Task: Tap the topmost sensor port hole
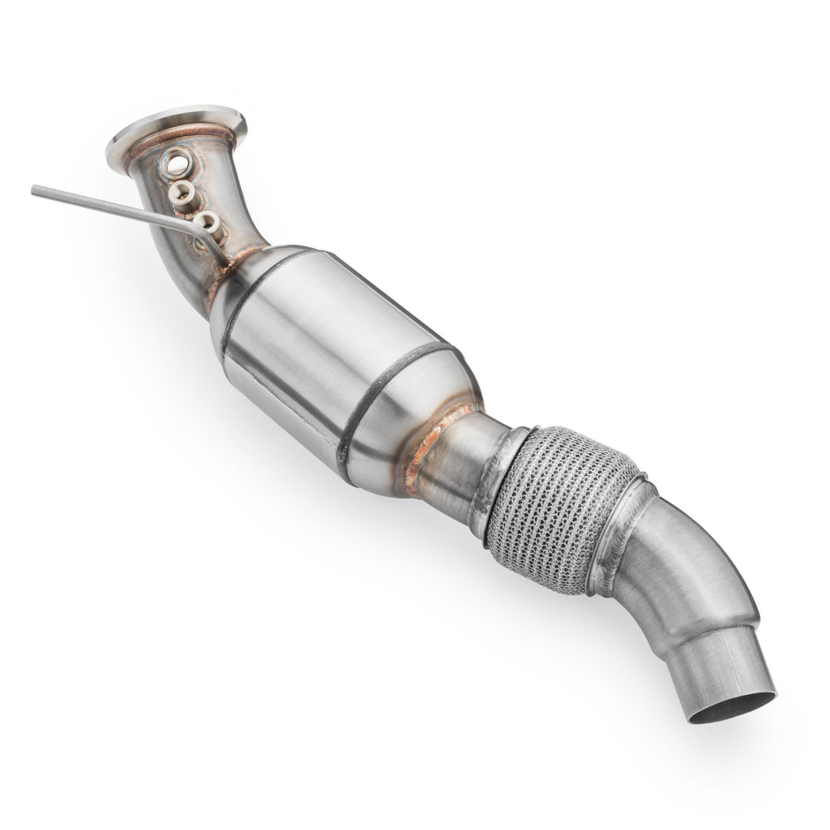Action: tap(177, 162)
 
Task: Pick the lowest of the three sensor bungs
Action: tap(206, 222)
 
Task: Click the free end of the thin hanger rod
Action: tap(36, 190)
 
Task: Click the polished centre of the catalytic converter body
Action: tap(318, 344)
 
